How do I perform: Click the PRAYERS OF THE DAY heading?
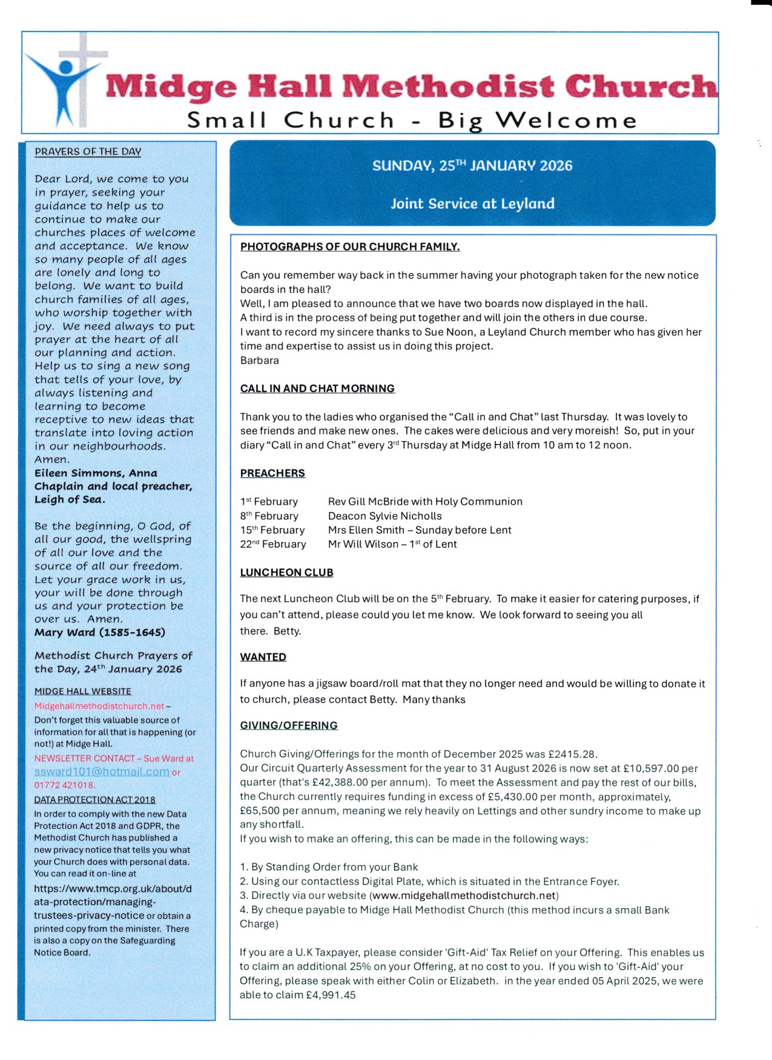coord(88,152)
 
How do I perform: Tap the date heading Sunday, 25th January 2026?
coord(472,166)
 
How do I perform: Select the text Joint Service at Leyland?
coord(472,204)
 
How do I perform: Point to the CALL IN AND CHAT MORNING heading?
coord(317,388)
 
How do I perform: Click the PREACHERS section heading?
coord(272,473)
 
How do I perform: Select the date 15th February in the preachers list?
coord(272,530)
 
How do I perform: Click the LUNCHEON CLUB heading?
coord(286,572)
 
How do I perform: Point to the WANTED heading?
coord(263,657)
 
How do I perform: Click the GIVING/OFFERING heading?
coord(289,725)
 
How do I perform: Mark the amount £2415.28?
coord(572,754)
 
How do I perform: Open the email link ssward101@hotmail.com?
coord(102,772)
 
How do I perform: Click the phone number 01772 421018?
coord(64,785)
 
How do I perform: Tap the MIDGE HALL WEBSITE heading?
coord(82,692)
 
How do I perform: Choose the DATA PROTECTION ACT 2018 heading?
coord(94,800)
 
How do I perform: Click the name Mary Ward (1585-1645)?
coord(100,633)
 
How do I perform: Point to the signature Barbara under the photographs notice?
coord(259,361)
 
